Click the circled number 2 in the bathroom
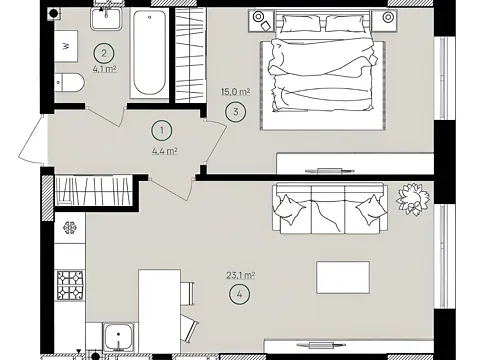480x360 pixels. pyautogui.click(x=104, y=53)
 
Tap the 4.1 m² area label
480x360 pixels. pyautogui.click(x=104, y=69)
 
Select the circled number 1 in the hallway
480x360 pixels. pyautogui.click(x=162, y=130)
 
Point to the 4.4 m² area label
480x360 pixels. pyautogui.click(x=165, y=151)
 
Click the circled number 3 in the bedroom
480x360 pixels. pyautogui.click(x=236, y=112)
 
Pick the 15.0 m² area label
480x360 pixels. pyautogui.click(x=236, y=91)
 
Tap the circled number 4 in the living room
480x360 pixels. pyautogui.click(x=240, y=294)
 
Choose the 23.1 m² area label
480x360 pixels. pyautogui.click(x=241, y=275)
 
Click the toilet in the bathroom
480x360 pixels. pyautogui.click(x=69, y=82)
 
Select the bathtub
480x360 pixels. pyautogui.click(x=149, y=54)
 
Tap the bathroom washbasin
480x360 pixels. pyautogui.click(x=106, y=19)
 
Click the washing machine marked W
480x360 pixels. pyautogui.click(x=66, y=46)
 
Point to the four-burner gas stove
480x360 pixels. pyautogui.click(x=70, y=285)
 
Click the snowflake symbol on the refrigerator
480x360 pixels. pyautogui.click(x=70, y=228)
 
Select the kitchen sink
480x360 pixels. pyautogui.click(x=119, y=337)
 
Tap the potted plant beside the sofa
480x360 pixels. pyautogui.click(x=413, y=199)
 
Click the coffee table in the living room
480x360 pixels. pyautogui.click(x=343, y=277)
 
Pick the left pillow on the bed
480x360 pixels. pyautogui.click(x=301, y=24)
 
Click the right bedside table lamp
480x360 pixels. pyautogui.click(x=388, y=17)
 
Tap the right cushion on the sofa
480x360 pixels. pyautogui.click(x=370, y=210)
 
